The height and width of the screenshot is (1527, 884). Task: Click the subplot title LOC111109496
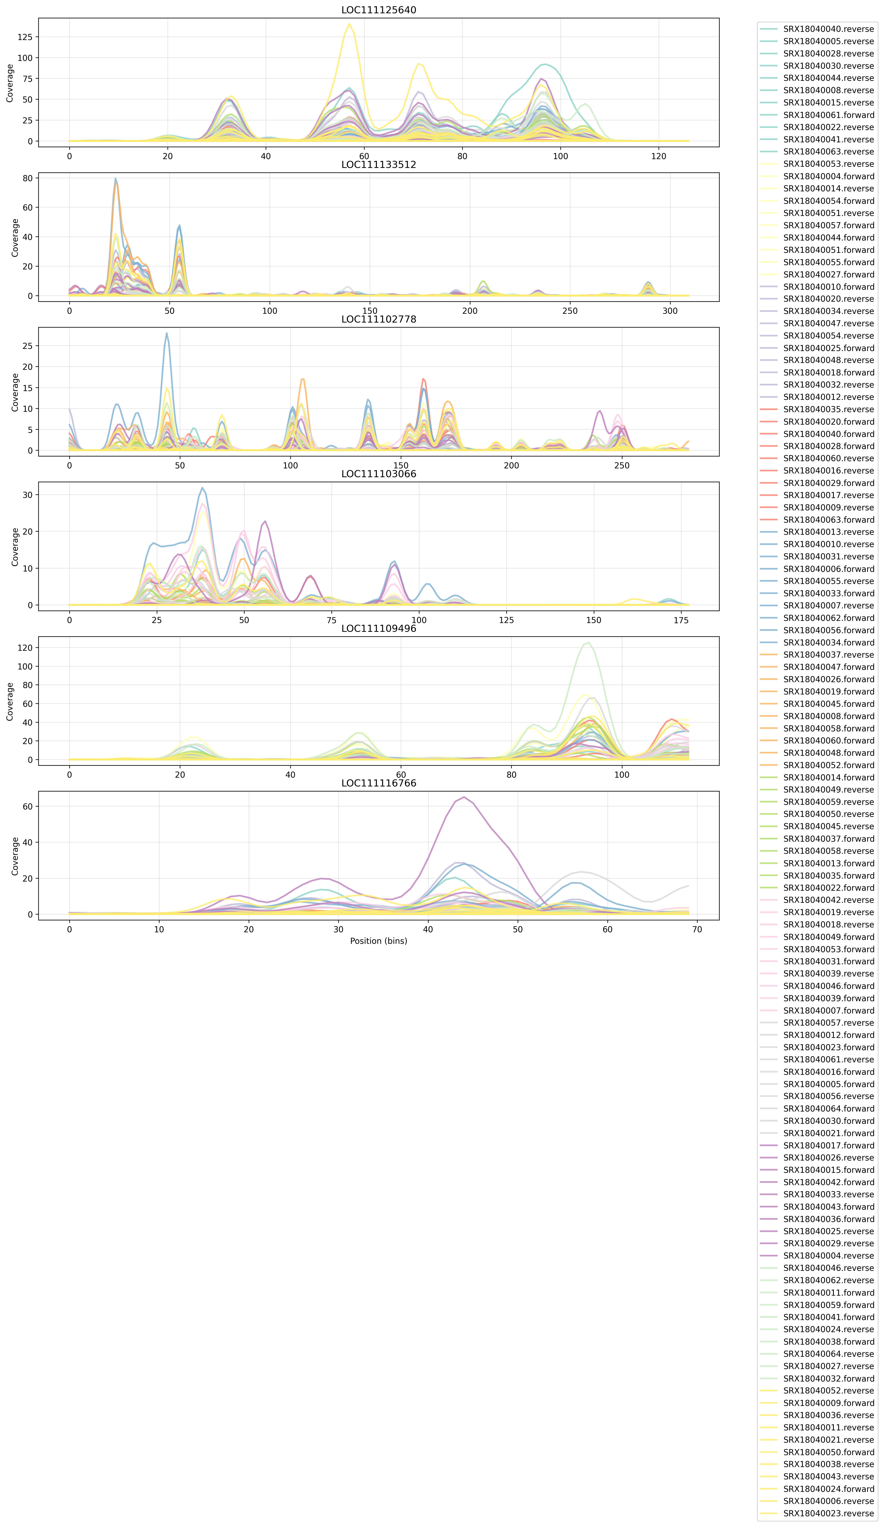379,628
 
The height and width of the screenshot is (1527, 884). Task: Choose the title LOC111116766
379,783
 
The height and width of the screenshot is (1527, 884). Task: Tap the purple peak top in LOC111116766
464,797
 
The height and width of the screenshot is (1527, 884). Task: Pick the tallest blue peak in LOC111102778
167,333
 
